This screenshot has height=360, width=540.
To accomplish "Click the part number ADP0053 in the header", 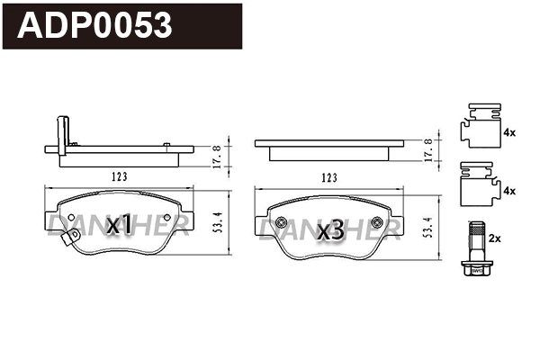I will point(96,26).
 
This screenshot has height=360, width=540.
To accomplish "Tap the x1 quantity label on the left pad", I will point(119,226).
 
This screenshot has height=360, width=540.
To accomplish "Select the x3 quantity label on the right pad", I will point(331,230).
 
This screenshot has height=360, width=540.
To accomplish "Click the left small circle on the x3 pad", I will point(281,223).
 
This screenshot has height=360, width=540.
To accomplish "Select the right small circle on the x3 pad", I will point(380,223).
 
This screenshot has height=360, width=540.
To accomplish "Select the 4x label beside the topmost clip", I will point(508,132).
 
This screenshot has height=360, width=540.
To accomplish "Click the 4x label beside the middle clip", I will point(508,191).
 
